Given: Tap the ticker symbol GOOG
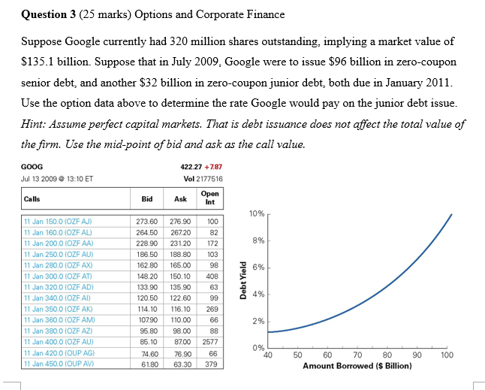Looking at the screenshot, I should coord(33,167).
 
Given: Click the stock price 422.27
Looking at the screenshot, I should coord(194,167).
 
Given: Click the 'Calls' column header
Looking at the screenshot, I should coord(33,199).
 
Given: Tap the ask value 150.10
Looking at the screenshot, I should coord(180,277).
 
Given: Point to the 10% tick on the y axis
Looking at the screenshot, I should coord(256,214).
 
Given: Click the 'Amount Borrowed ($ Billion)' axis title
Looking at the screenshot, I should coord(357,366).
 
